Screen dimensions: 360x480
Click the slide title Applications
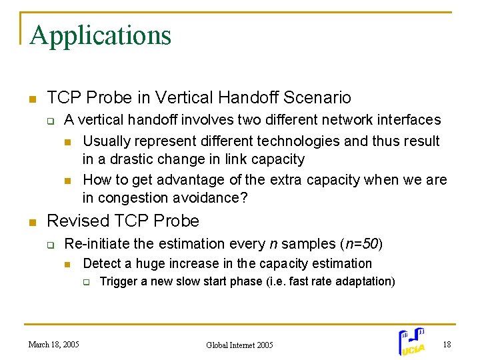point(100,35)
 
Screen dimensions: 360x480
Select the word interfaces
point(407,120)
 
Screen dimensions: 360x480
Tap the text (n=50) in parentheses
point(361,244)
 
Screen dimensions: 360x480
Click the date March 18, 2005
point(53,345)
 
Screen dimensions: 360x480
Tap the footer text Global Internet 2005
point(239,345)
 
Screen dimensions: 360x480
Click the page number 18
point(446,344)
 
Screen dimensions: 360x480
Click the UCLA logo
point(412,341)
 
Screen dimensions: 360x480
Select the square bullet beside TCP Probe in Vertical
point(31,99)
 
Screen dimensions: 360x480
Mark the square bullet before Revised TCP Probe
point(31,222)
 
